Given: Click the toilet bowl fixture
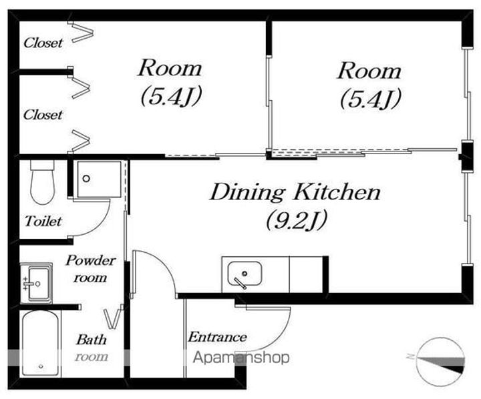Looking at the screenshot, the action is coord(43,182).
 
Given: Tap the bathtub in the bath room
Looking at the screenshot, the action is coord(41,344).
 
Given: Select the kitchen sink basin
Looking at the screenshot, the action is coord(245,274).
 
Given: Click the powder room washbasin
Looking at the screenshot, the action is coord(36,283).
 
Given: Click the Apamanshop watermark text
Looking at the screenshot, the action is coord(241,358).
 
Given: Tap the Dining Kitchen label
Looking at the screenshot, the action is coord(295,192).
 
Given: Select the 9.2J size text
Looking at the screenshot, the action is coord(297,221).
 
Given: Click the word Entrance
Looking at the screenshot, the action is coord(218,337).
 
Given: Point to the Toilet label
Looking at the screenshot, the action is coord(43,221).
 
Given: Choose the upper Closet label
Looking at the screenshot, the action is coord(43,43).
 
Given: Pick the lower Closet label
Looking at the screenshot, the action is coord(43,115).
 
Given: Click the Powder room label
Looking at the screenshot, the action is coord(90,269).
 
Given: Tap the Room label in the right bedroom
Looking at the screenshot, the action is coord(369,71).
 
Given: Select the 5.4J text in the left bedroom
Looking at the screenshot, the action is coord(171,96).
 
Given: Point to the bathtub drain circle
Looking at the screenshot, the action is coord(41,366).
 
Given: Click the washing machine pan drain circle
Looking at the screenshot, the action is coord(86,178).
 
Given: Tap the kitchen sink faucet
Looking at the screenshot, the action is coord(240,283).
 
